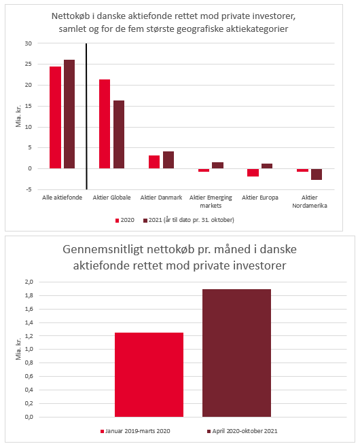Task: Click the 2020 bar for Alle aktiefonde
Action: pyautogui.click(x=55, y=117)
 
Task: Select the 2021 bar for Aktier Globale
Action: pyautogui.click(x=119, y=134)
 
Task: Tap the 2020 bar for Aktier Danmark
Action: pyautogui.click(x=154, y=162)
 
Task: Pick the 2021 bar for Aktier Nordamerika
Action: pyautogui.click(x=317, y=174)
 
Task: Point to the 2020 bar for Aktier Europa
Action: pyautogui.click(x=253, y=172)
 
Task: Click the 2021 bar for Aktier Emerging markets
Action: pyautogui.click(x=217, y=166)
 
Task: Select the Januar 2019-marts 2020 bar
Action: pyautogui.click(x=149, y=375)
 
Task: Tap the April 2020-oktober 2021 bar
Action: pyautogui.click(x=236, y=353)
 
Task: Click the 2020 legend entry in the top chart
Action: pyautogui.click(x=125, y=220)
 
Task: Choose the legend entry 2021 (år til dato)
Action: pyautogui.click(x=188, y=220)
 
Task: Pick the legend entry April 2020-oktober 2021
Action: pyautogui.click(x=242, y=431)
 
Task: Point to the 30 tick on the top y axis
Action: pyautogui.click(x=28, y=43)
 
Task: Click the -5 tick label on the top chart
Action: pyautogui.click(x=29, y=189)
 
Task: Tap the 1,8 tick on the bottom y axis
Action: pyautogui.click(x=29, y=295)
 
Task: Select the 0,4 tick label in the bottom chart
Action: pyautogui.click(x=29, y=390)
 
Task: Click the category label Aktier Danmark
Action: pyautogui.click(x=161, y=198)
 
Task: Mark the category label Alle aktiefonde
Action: pyautogui.click(x=62, y=198)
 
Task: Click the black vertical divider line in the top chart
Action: pyautogui.click(x=86, y=116)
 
